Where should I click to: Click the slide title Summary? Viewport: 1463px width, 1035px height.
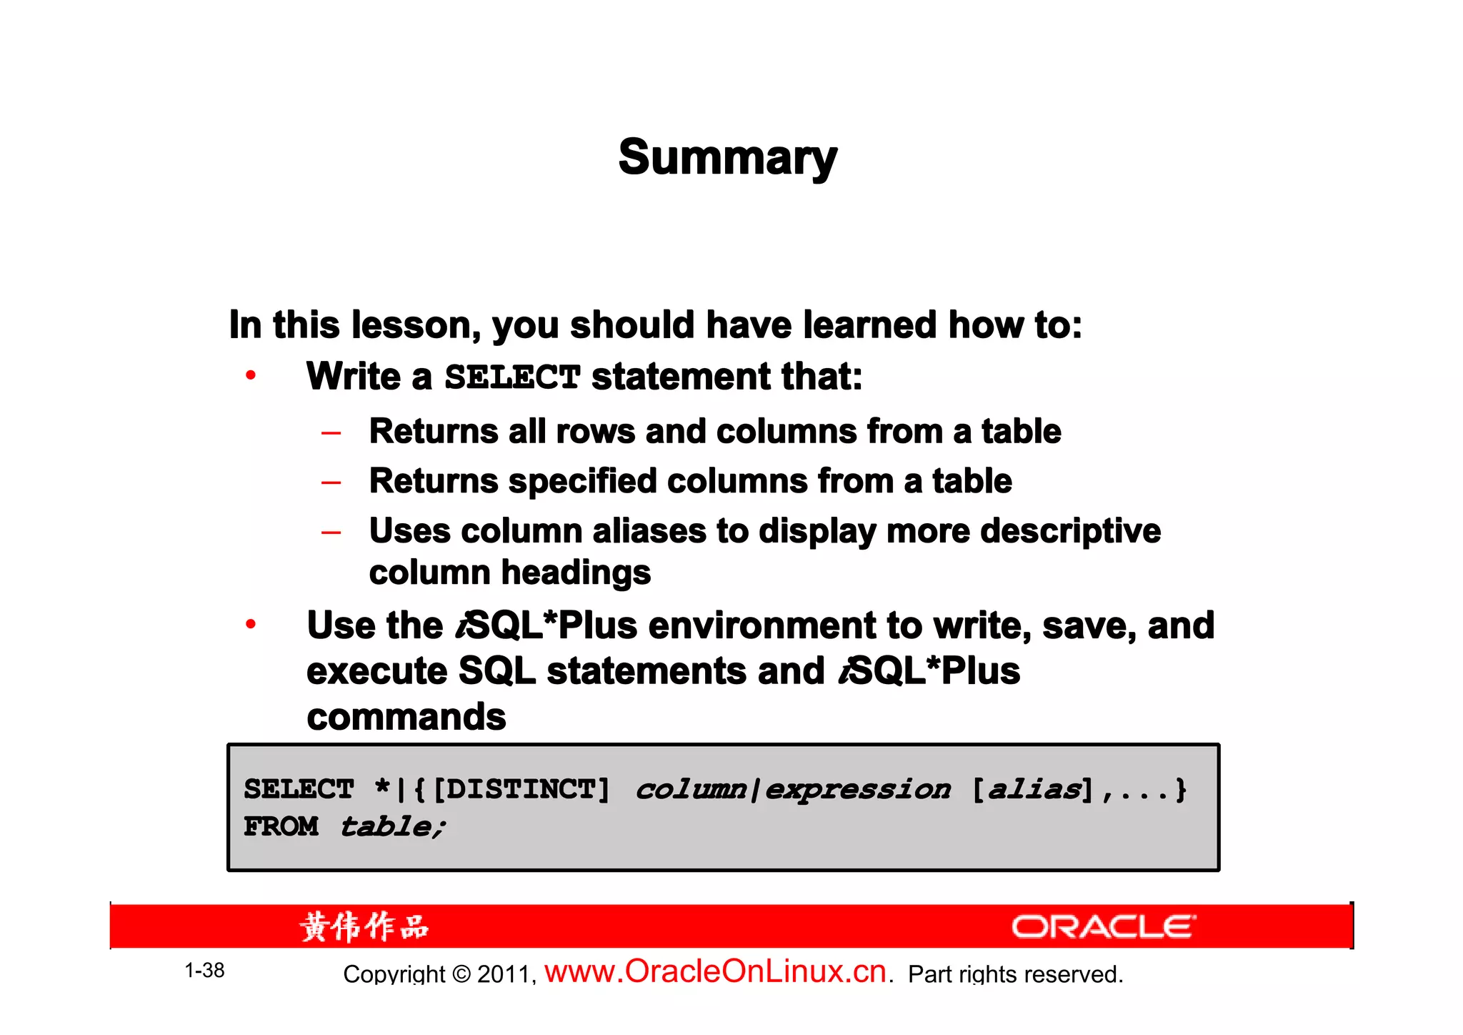(727, 157)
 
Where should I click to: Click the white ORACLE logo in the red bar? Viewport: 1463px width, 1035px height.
(1103, 927)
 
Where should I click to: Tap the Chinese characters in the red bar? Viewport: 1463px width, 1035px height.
(364, 927)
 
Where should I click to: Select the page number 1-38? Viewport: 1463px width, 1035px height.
(204, 970)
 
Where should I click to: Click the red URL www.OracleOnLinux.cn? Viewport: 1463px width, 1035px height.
(715, 971)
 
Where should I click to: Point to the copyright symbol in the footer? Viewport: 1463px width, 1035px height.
(461, 974)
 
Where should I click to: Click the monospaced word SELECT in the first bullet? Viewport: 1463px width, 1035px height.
(512, 377)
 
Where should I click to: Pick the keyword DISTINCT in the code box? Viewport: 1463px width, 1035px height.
(521, 789)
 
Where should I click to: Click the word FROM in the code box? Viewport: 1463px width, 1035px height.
(281, 826)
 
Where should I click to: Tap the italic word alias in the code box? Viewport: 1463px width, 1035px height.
(1034, 789)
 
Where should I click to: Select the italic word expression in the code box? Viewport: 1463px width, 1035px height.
(857, 790)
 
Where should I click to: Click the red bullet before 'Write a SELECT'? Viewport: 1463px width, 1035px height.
(251, 375)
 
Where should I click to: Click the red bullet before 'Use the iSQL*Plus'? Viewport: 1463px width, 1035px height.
(251, 624)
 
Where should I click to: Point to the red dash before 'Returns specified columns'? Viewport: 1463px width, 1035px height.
(331, 482)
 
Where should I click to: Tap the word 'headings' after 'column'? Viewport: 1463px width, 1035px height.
(576, 573)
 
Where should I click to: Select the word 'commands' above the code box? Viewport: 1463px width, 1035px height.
(406, 716)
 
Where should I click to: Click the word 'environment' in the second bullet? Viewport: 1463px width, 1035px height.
(762, 625)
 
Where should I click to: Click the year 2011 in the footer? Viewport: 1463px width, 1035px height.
(504, 974)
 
